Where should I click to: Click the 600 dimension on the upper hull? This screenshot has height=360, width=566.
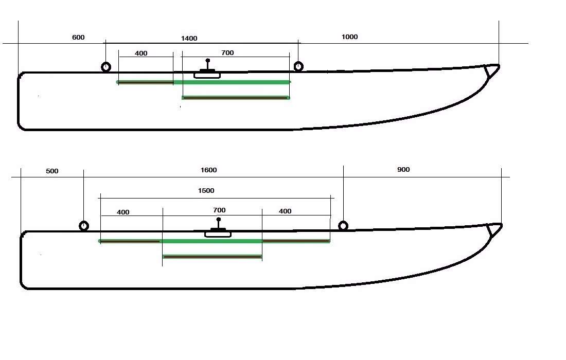pos(78,38)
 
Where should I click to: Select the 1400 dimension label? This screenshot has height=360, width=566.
pos(189,39)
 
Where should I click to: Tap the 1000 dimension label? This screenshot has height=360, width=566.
pos(349,37)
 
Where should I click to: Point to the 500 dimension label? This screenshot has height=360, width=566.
pos(52,171)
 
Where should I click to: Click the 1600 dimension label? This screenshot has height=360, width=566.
pos(209,170)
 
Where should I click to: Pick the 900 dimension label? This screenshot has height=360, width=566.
pos(403,170)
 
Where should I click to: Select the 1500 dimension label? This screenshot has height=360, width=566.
pos(206,191)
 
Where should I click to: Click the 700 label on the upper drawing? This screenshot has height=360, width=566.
pos(227,53)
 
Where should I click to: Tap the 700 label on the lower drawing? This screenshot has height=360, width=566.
pos(219,210)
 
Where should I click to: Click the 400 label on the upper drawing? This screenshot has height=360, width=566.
pos(141,53)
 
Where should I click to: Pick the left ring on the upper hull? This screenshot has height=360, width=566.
pos(106,67)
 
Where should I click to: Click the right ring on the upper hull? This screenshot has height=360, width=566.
pos(298,66)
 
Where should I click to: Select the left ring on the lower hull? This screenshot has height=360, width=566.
pos(84,226)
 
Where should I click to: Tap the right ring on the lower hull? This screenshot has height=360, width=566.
pos(343,226)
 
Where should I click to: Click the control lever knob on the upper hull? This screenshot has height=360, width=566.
pos(208,61)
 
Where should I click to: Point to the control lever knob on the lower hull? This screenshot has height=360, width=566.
pos(219,220)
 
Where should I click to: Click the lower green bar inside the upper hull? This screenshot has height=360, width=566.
pos(236,97)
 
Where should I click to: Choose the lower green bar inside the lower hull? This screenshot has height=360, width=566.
pos(212,256)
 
